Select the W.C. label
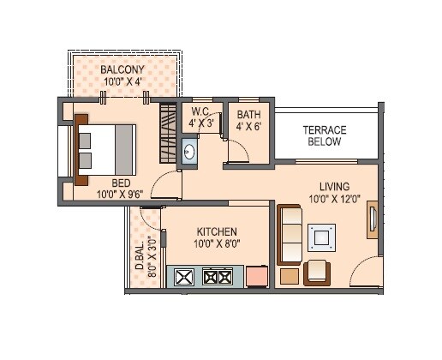(200, 111)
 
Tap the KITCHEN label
(217, 232)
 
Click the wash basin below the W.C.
(190, 152)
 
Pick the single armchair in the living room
(319, 271)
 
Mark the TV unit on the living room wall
(372, 220)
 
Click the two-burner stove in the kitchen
(217, 277)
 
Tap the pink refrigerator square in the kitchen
(256, 277)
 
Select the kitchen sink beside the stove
(184, 277)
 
